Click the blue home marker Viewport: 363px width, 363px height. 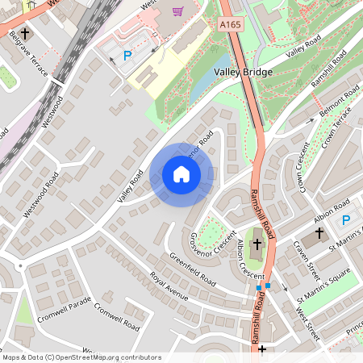[x=181, y=174]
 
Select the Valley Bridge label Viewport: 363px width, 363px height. [x=244, y=72]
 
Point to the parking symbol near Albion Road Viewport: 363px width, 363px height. [x=346, y=219]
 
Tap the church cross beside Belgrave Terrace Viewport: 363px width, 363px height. [x=25, y=35]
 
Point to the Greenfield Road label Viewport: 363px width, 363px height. [x=192, y=269]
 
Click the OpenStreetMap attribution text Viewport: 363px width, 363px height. [x=81, y=357]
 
